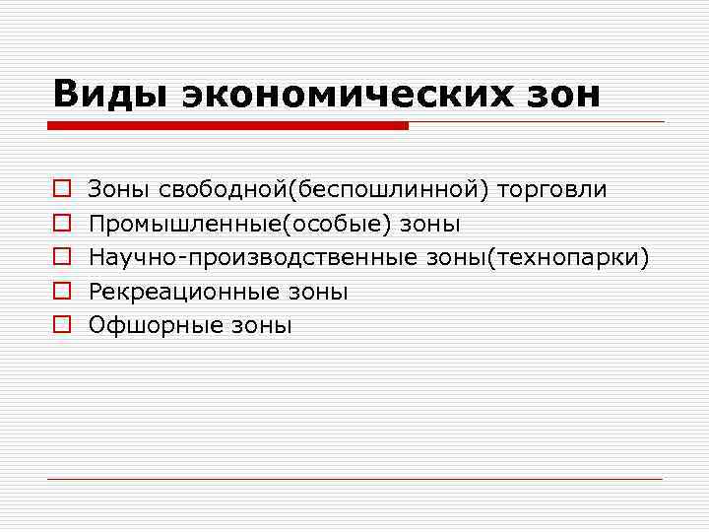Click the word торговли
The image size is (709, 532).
point(552,188)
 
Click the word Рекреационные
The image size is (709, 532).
point(185,292)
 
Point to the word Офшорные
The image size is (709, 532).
point(158,326)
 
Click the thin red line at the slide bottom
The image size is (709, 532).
point(354,479)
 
